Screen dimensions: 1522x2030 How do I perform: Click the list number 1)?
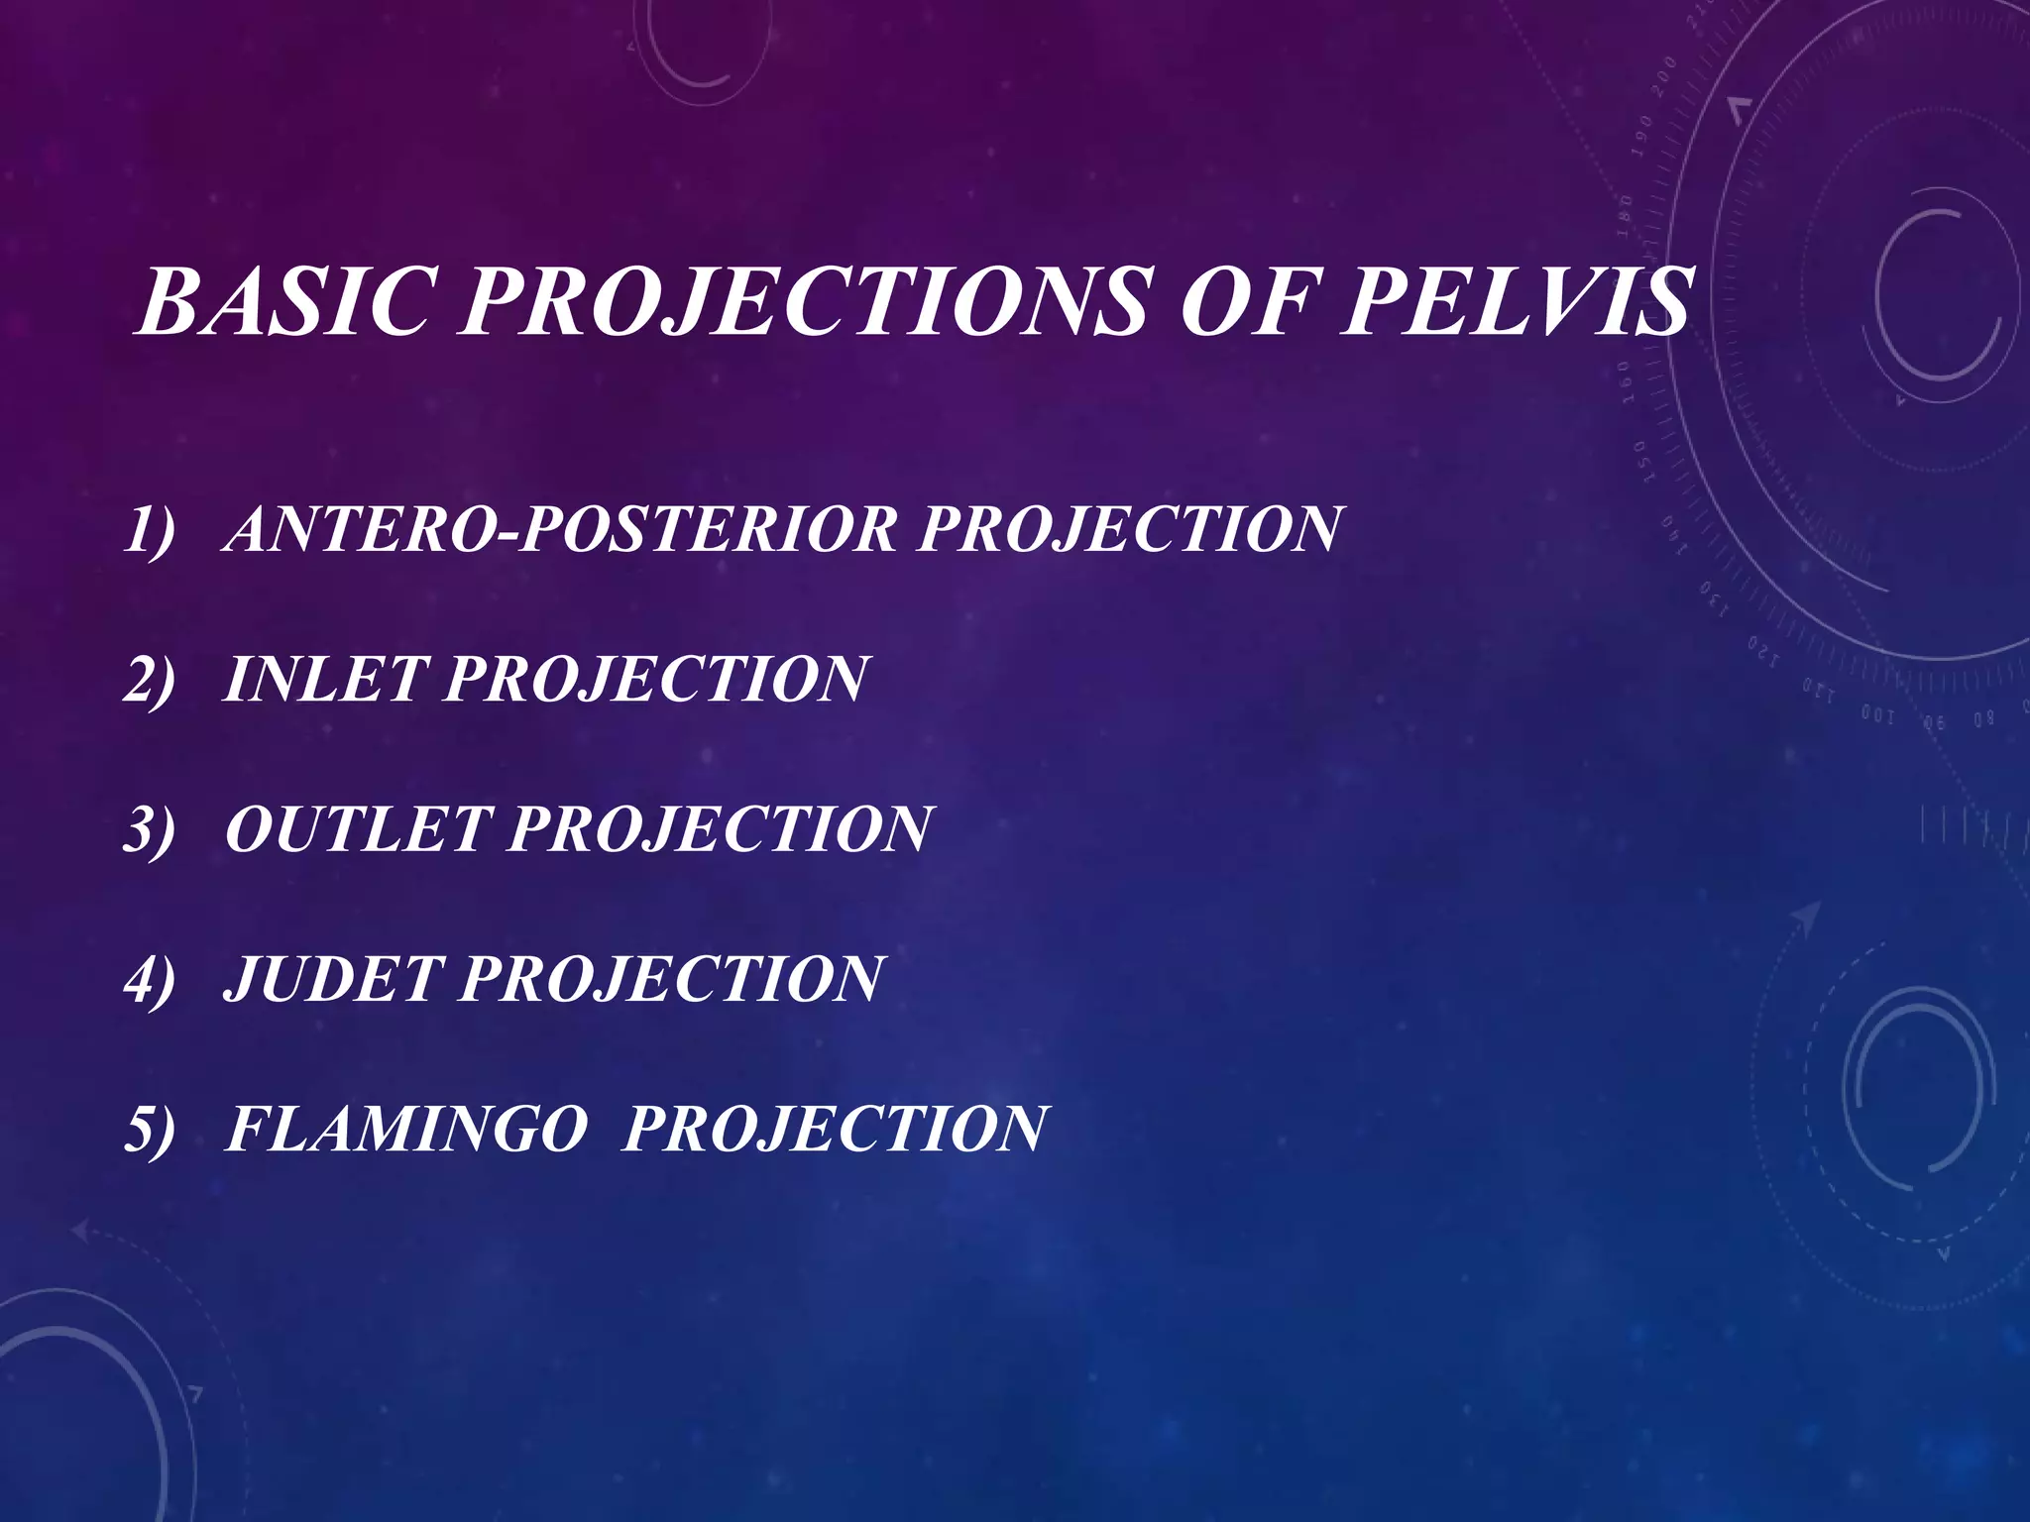pos(150,530)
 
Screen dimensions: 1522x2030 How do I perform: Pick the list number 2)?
pos(150,680)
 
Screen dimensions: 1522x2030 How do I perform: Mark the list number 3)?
pos(150,829)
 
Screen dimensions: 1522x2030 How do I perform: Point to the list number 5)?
pos(150,1129)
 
